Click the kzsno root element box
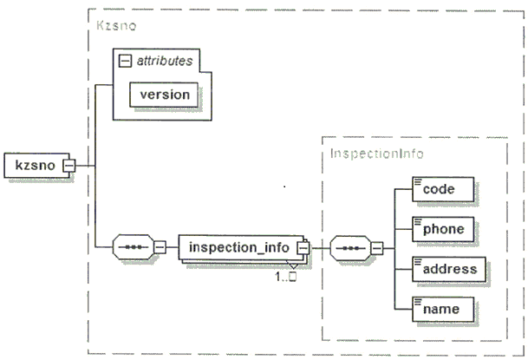36,166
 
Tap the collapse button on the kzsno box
69,166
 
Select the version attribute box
164,95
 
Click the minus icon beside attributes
125,61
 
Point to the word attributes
165,61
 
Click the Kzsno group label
116,26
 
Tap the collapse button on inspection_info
303,248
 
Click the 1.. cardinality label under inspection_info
285,277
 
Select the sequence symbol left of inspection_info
133,247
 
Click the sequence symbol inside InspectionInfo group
350,248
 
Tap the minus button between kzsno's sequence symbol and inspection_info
160,247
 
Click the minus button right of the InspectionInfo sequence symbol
377,249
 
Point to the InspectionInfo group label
376,154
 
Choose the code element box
443,189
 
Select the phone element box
443,229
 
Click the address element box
449,270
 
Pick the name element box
443,309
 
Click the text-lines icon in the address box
418,262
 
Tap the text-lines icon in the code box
418,181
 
